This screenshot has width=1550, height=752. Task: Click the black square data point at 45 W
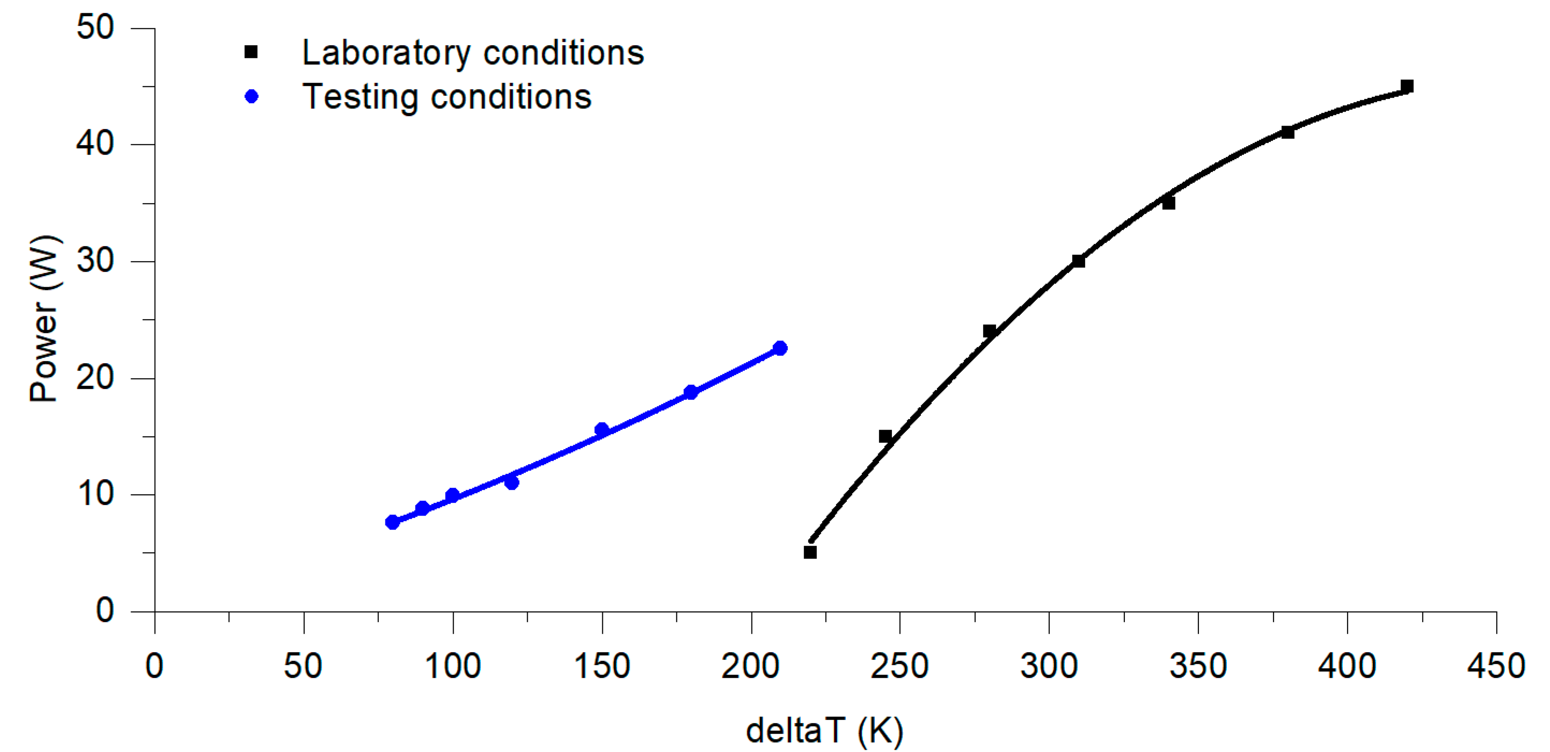tap(1407, 86)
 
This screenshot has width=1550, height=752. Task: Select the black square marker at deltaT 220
tap(810, 552)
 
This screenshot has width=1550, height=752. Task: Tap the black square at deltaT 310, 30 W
tap(1078, 261)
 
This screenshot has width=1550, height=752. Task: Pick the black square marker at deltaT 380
tap(1288, 132)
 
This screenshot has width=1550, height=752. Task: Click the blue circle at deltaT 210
tap(780, 348)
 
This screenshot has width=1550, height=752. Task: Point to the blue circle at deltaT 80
tap(392, 522)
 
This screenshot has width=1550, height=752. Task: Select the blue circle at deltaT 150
tap(602, 429)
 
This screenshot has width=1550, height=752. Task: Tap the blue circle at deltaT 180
tap(691, 392)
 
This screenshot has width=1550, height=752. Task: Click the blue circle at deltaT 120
tap(511, 482)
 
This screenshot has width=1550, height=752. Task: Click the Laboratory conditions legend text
tap(473, 53)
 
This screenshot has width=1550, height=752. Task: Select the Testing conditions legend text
tap(447, 97)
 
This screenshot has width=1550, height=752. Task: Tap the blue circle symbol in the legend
tap(252, 96)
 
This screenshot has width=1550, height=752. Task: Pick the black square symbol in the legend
tap(251, 53)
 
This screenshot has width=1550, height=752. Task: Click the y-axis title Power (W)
tap(45, 319)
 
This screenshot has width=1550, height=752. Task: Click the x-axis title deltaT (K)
tap(824, 731)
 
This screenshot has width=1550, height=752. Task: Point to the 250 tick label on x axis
tap(900, 666)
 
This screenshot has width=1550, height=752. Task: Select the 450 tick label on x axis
tap(1496, 666)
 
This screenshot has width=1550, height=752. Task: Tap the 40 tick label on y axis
tap(95, 144)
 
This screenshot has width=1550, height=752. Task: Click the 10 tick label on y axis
tap(95, 494)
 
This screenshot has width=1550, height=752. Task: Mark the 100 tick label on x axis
tap(452, 666)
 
